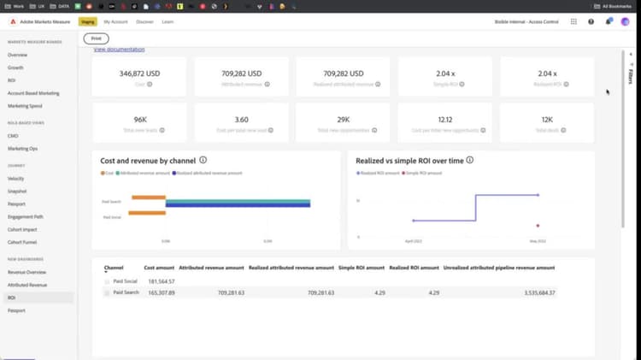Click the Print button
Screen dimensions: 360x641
(97, 38)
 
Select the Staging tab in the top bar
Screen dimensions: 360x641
(87, 21)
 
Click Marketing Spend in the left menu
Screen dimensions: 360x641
(26, 105)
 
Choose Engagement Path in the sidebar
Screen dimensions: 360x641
(26, 216)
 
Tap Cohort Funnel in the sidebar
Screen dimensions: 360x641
(23, 241)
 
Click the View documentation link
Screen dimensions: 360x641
(119, 50)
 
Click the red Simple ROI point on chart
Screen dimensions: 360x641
(538, 226)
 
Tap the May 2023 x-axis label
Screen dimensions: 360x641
(538, 241)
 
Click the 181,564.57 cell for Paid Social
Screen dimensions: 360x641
(160, 280)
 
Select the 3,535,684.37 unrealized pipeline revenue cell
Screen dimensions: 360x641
(526, 292)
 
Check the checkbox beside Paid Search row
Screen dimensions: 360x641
(107, 292)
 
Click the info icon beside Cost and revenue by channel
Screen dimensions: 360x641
(203, 160)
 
